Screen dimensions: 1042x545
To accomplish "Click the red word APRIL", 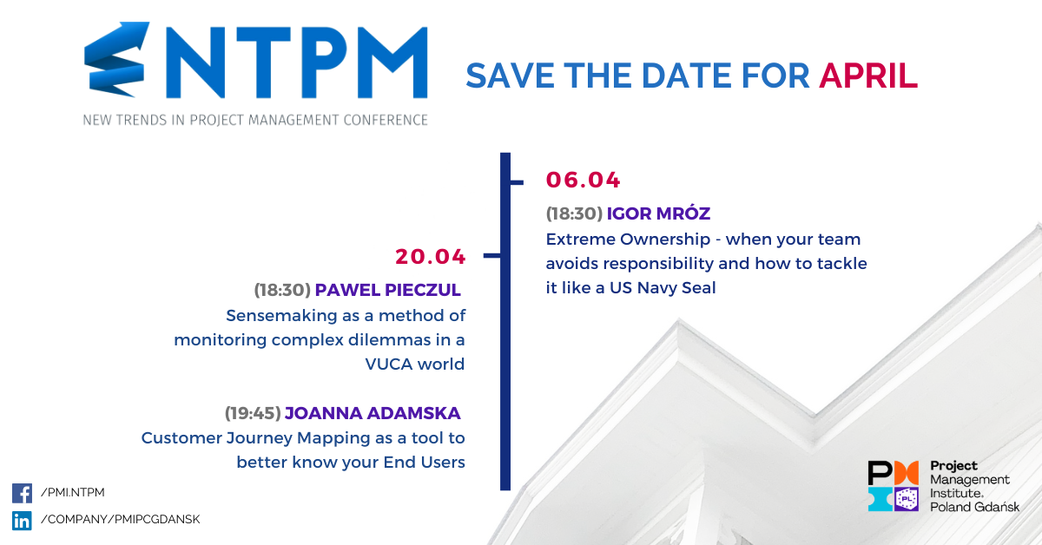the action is [x=868, y=76].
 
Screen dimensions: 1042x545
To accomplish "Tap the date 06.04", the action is [x=583, y=180].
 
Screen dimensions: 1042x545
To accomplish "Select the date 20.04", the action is [x=431, y=257].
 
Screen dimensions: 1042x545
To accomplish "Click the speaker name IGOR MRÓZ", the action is [x=658, y=213].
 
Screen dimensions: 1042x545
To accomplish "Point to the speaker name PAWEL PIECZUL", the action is [x=388, y=290].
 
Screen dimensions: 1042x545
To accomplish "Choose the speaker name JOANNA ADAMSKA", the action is [x=373, y=413].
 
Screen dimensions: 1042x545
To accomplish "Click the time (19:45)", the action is [x=253, y=413].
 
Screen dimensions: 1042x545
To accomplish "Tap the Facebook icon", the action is [x=22, y=493].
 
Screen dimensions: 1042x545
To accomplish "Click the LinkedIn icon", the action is [x=22, y=521].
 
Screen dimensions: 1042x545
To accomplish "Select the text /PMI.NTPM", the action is [x=73, y=492].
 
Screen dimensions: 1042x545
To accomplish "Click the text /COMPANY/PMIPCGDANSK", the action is [x=120, y=520].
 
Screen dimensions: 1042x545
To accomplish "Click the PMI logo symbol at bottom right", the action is [x=894, y=486].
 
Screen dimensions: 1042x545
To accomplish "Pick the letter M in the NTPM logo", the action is [x=392, y=62].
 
